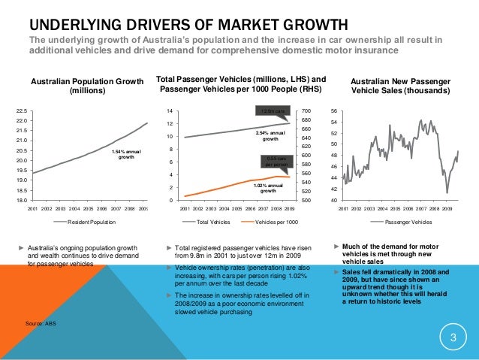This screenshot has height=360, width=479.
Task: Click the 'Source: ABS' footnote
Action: coord(41,323)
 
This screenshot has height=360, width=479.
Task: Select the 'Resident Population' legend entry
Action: coord(92,223)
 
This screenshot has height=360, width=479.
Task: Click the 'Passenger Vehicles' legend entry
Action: coord(408,223)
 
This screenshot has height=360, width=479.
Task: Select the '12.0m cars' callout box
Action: coord(270,112)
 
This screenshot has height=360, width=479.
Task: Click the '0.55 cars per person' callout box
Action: coord(276,162)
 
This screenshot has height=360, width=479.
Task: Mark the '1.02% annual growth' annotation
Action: coord(268,188)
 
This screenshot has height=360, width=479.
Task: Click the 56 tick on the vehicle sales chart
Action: coord(333,110)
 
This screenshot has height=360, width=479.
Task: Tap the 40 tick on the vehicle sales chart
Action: coord(333,200)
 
